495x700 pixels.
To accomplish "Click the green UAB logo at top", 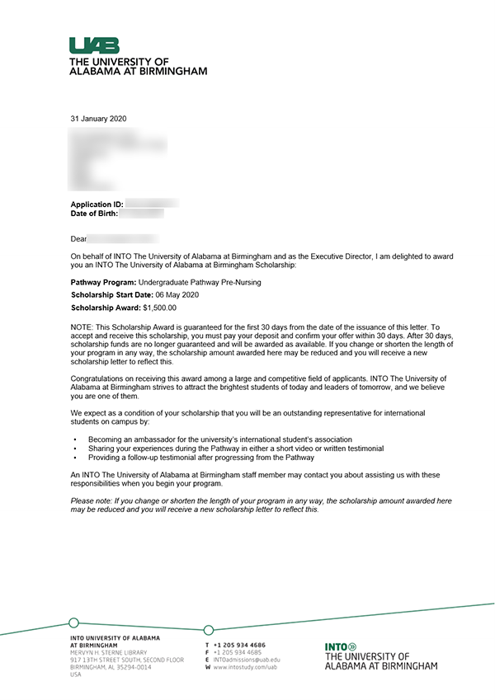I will (94, 46).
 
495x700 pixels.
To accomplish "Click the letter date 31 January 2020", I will (99, 119).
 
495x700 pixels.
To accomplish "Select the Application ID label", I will (97, 203).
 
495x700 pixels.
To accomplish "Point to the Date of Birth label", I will (94, 214).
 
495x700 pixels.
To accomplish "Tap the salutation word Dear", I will (78, 239).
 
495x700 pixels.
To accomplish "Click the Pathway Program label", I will (103, 282).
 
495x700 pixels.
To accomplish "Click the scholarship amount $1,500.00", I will (159, 308).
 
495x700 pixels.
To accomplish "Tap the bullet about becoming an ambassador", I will (220, 439).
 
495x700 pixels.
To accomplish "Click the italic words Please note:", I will (93, 500).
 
